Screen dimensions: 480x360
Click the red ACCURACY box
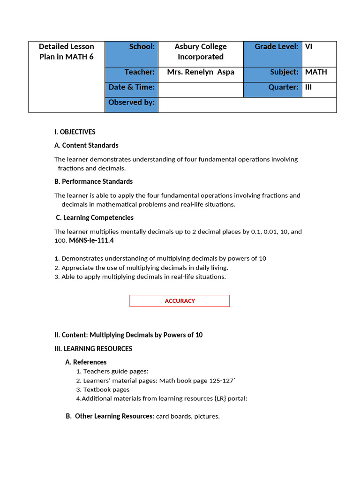[180, 301]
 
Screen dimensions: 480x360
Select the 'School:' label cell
[131, 53]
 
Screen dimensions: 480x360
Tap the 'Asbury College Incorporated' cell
[201, 52]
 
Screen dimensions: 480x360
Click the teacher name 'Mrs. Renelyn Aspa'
[201, 72]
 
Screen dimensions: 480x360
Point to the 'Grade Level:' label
[276, 47]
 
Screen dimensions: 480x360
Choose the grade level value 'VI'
[309, 47]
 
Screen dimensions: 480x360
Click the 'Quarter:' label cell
[283, 88]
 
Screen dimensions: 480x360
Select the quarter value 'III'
[308, 88]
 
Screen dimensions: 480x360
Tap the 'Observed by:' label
[132, 103]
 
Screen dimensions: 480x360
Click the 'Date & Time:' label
[132, 88]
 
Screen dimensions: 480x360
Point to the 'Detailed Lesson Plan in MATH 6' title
[67, 52]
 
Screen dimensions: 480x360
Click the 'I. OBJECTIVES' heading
[75, 132]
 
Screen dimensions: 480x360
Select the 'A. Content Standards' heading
[86, 145]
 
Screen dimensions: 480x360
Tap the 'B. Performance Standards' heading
[93, 181]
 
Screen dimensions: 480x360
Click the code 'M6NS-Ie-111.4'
[91, 241]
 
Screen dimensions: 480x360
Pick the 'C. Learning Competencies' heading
[95, 217]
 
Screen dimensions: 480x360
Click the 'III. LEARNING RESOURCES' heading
[93, 349]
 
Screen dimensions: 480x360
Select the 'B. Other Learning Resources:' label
[110, 416]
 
